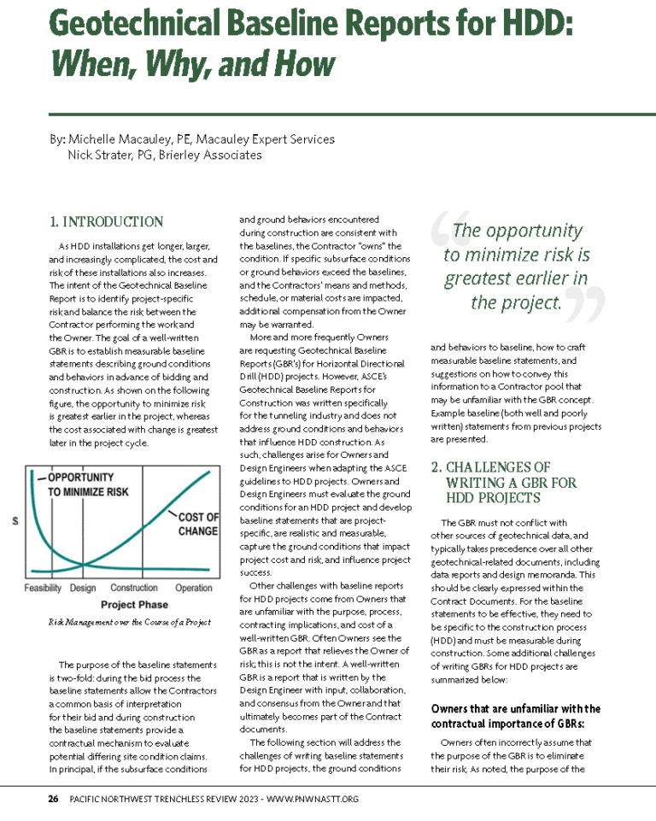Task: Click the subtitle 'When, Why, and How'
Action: coord(192,62)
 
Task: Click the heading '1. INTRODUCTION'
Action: coord(106,222)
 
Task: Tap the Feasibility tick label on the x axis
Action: coord(42,588)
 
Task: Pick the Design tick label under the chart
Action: coord(83,588)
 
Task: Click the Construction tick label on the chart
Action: coord(134,588)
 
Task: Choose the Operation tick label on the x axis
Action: coord(194,588)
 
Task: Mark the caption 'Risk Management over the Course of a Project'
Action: coord(129,622)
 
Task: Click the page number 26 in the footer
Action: coord(52,800)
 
